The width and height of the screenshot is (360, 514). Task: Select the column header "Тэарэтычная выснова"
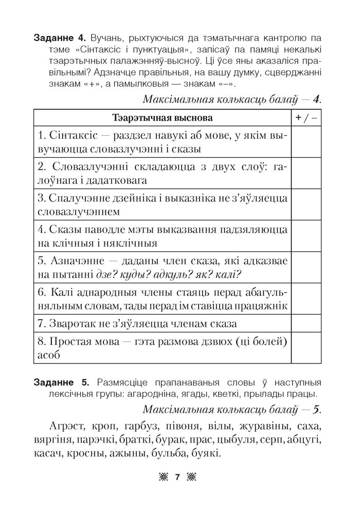pos(162,118)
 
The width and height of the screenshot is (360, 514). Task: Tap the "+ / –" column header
pos(307,118)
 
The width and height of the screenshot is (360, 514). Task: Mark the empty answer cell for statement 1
pos(307,141)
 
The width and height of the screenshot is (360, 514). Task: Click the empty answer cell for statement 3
pos(307,204)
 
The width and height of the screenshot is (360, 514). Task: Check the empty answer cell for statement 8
pos(307,348)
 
